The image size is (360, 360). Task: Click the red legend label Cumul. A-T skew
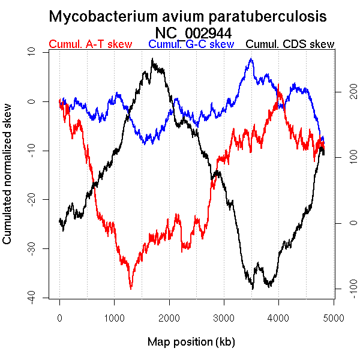tap(90, 44)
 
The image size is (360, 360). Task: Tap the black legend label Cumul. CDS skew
tap(290, 44)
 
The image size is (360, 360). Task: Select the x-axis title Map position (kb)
tap(191, 342)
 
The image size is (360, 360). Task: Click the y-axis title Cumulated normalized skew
tap(8, 181)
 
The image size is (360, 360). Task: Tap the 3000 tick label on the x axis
tap(224, 317)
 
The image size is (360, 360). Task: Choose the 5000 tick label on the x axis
tap(334, 317)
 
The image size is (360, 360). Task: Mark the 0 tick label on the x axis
tap(59, 317)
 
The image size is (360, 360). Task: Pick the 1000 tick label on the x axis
tap(114, 317)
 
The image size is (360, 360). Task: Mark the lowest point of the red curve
tap(131, 289)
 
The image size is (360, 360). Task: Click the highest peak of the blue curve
tap(251, 59)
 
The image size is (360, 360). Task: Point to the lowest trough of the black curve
tap(253, 289)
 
